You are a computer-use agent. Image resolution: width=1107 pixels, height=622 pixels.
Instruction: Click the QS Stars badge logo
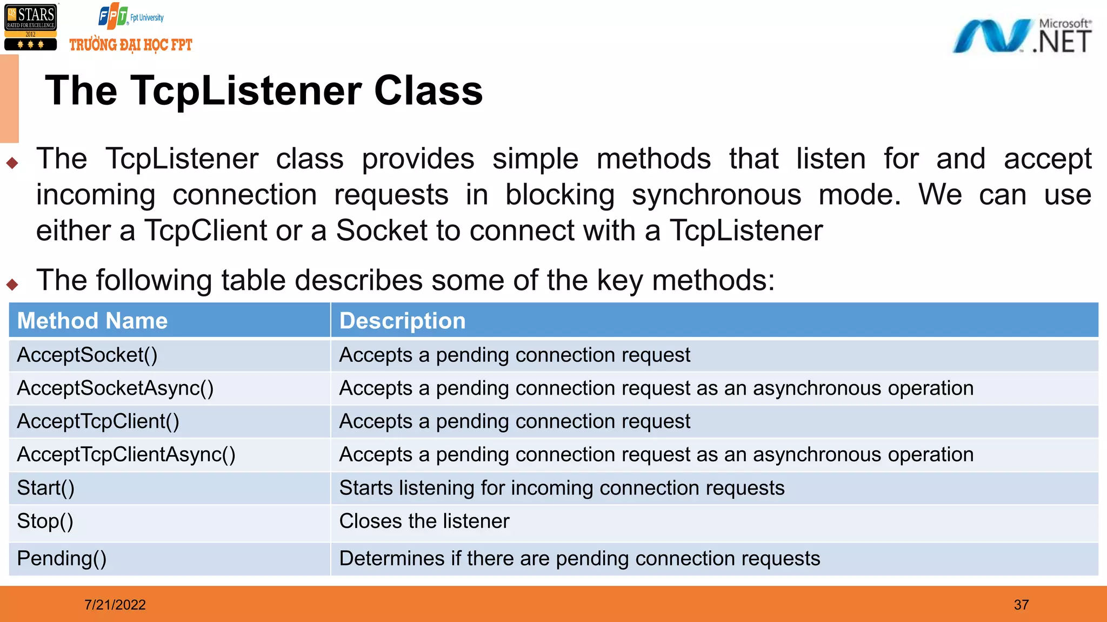31,27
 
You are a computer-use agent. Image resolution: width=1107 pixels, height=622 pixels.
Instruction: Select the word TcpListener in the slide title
246,91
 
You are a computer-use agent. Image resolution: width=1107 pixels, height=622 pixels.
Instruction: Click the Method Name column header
92,321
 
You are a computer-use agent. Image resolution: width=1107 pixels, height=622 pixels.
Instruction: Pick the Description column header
402,321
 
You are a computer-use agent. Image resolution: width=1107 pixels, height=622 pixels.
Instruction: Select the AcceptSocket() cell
87,355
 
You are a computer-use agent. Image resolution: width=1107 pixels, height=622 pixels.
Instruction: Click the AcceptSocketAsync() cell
115,388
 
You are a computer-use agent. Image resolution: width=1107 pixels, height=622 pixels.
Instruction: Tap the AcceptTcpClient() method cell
98,421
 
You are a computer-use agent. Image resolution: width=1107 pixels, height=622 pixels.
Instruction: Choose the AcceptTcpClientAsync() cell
126,455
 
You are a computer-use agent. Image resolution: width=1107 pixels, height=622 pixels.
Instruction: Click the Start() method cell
46,488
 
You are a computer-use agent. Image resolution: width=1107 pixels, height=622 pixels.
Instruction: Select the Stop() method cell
45,522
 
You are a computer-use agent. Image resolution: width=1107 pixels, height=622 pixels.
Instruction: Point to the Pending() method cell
62,558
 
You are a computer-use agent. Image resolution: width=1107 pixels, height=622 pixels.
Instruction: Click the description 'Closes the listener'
424,522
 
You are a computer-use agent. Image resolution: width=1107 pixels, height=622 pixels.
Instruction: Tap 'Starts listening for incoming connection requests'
562,488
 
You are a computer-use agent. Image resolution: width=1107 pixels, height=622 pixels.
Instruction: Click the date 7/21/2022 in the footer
115,605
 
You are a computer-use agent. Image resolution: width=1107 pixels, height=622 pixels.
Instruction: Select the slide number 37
1021,605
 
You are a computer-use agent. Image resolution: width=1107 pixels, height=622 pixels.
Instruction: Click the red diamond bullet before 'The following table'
12,284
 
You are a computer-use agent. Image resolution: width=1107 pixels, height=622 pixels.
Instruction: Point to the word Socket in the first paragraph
382,231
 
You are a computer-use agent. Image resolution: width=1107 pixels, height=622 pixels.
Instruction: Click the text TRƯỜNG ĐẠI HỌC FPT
131,45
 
